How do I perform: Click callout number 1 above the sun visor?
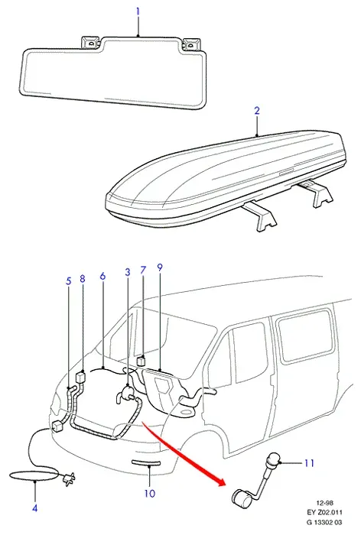tap(138, 11)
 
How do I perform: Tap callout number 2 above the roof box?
tap(257, 111)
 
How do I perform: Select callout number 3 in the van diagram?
tap(128, 272)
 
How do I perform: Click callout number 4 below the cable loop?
tap(35, 508)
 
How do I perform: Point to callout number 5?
tap(69, 281)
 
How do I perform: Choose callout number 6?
tap(102, 276)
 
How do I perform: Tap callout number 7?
tap(143, 271)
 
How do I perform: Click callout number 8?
tap(83, 279)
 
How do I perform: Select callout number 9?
tap(160, 267)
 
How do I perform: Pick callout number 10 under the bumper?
tap(150, 494)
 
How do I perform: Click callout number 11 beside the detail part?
tap(309, 463)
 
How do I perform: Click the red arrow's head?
tap(221, 481)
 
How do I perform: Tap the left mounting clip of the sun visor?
tap(90, 43)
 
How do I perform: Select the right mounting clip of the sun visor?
tap(192, 44)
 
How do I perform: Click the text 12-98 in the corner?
tap(324, 503)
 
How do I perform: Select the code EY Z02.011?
tap(324, 512)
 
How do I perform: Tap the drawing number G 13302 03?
tap(324, 522)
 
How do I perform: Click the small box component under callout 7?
tap(141, 361)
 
